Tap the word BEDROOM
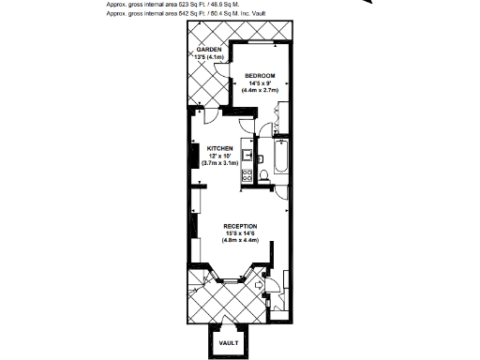click(260, 75)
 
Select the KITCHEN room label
click(219, 148)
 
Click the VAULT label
click(229, 343)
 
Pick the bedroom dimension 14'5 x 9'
click(260, 82)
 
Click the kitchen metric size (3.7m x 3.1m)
click(220, 163)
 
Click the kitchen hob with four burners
click(247, 174)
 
